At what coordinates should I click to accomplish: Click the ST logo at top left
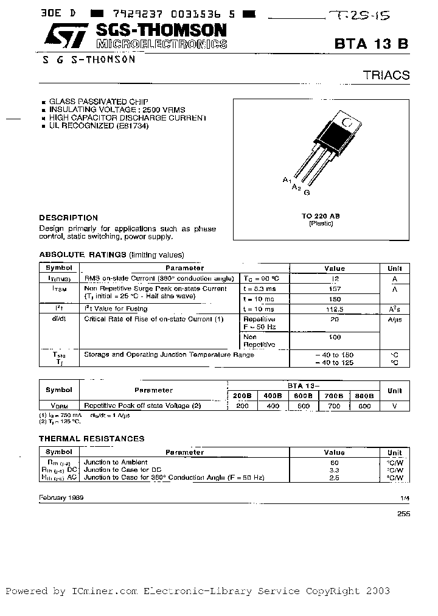[58, 36]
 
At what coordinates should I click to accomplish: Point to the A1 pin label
[287, 180]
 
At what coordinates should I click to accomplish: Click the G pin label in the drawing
[307, 192]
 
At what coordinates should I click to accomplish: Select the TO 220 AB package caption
[321, 216]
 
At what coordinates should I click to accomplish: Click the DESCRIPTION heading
[68, 217]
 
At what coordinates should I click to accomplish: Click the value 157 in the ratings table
[335, 289]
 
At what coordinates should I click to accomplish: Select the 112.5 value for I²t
[335, 309]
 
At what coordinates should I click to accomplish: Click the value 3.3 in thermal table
[335, 471]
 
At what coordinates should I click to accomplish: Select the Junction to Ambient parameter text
[116, 462]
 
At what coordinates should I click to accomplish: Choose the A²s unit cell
[394, 309]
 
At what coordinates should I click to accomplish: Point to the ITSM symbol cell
[59, 289]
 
